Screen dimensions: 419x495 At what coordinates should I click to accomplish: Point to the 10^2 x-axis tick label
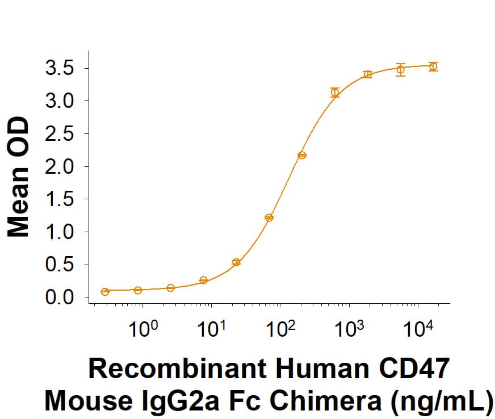tap(280, 328)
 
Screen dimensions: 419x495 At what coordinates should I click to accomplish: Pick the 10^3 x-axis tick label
tap(349, 328)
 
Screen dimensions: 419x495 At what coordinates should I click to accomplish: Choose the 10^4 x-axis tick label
tap(418, 328)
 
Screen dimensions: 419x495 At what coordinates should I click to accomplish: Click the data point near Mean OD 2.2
tap(302, 155)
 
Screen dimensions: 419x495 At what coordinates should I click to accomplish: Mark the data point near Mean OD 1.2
tap(269, 217)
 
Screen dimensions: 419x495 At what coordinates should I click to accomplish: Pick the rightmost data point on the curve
tap(433, 66)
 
